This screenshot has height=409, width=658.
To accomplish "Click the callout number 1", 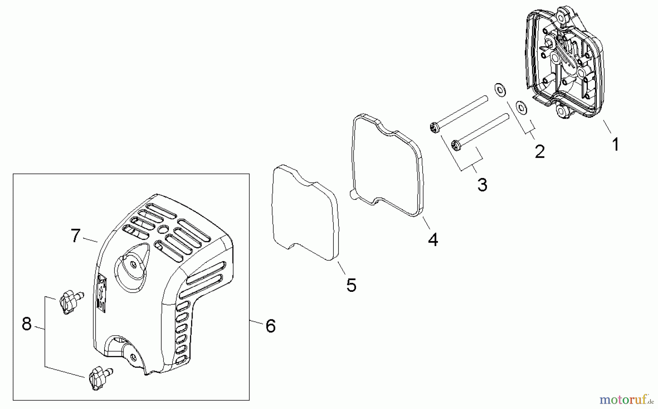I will coord(616,145).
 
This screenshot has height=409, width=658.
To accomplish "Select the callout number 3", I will coord(482,185).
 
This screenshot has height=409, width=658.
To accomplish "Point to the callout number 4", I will coord(433,240).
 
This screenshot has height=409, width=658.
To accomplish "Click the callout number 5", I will coord(351,285).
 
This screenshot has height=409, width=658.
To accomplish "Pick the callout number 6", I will coord(271,326).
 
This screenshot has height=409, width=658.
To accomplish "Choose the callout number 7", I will coord(75,235).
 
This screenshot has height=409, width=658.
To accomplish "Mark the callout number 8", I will coord(27,324).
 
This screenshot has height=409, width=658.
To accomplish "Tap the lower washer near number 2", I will coord(521,107).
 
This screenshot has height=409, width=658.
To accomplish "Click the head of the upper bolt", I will coord(434,128).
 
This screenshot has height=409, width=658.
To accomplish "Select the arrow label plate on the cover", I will coord(102,293).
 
